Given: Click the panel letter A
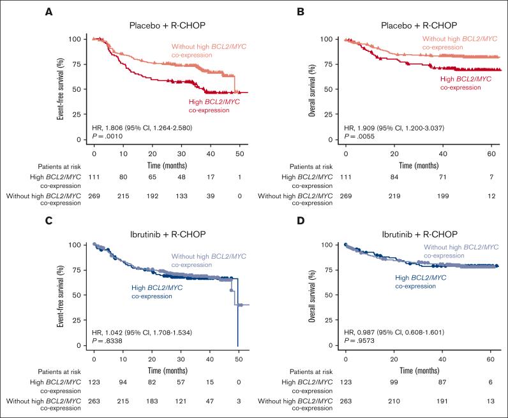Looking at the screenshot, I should point(49,11).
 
